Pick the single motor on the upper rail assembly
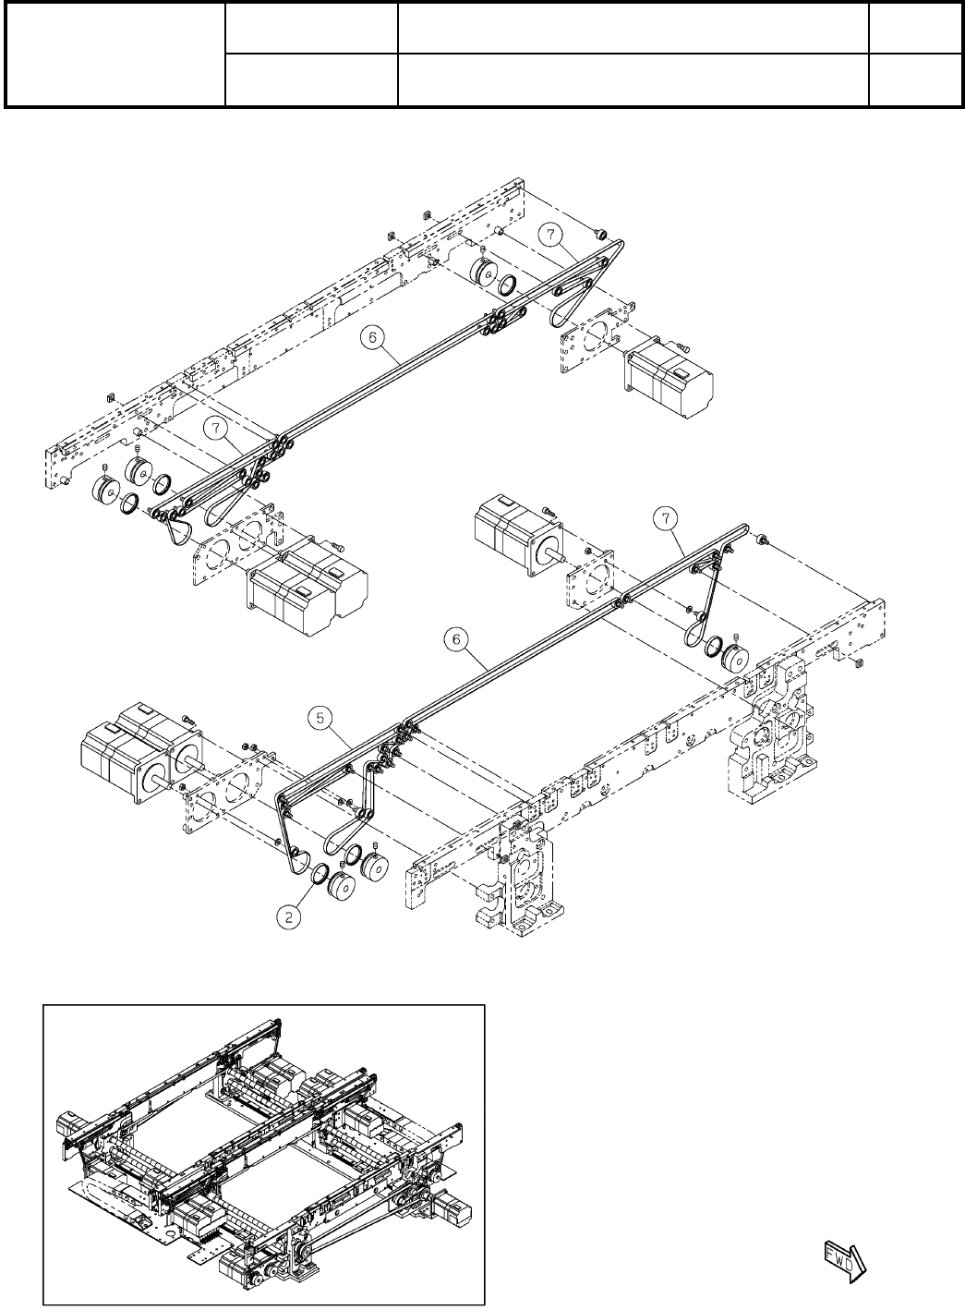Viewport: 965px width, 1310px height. coord(669,379)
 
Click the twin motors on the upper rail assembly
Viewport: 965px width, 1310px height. coord(307,591)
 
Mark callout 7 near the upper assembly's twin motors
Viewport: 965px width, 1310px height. coord(215,427)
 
